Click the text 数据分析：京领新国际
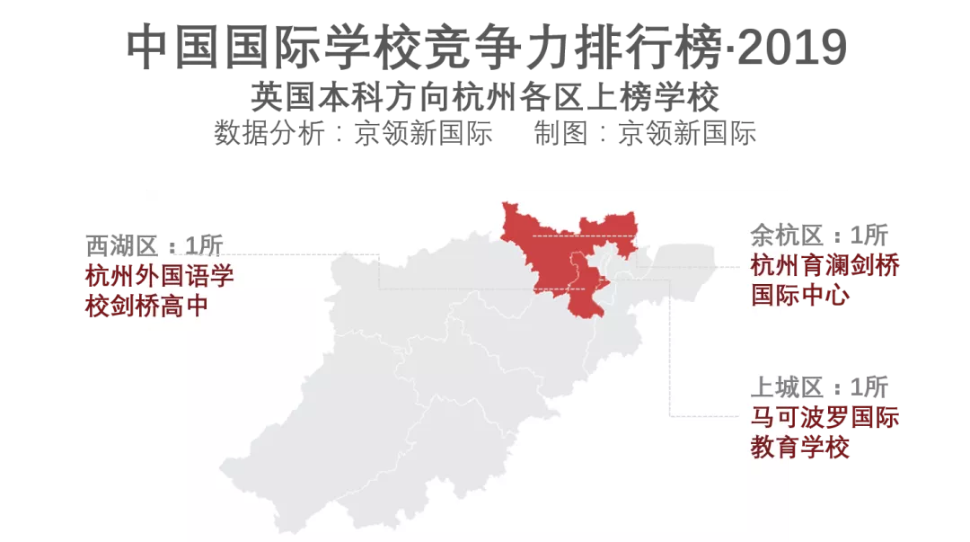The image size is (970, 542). (x=353, y=133)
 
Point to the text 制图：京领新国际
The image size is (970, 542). (x=645, y=133)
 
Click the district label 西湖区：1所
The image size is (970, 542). (x=154, y=245)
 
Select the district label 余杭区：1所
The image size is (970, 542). (x=818, y=236)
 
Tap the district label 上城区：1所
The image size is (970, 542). (x=818, y=388)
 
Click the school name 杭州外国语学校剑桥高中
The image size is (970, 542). (x=159, y=289)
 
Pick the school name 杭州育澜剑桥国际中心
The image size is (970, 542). (x=824, y=280)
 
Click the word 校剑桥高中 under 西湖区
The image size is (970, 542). (x=146, y=306)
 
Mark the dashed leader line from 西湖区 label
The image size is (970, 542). (x=296, y=254)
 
